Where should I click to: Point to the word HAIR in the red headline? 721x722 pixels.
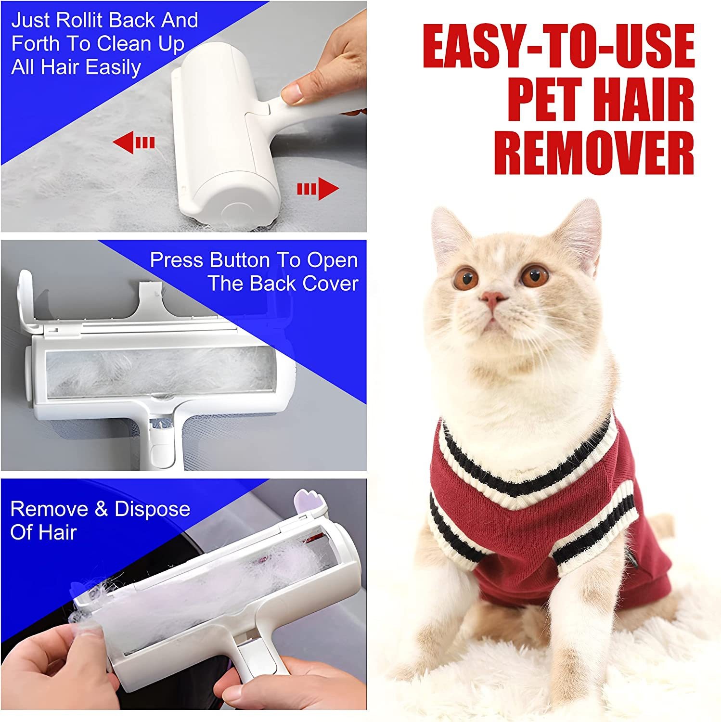pyautogui.click(x=643, y=100)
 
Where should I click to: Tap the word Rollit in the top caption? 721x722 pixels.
pyautogui.click(x=80, y=21)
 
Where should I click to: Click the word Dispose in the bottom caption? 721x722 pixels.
pyautogui.click(x=152, y=509)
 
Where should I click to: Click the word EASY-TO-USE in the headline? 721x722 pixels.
pyautogui.click(x=558, y=47)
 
